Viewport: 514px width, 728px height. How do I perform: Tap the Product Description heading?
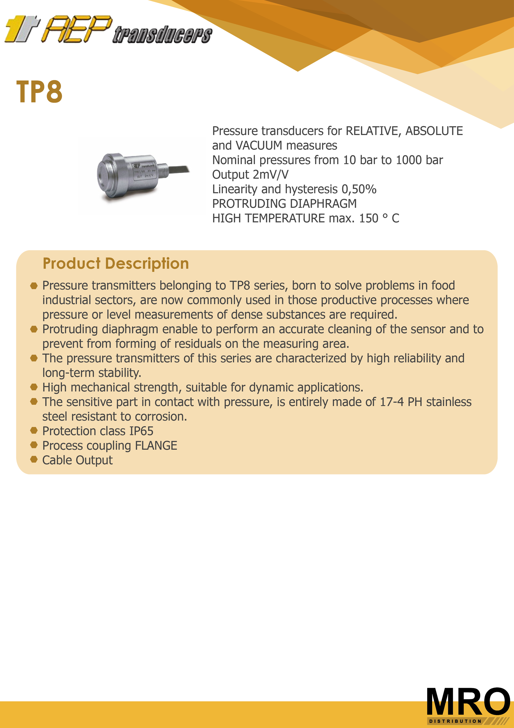point(116,264)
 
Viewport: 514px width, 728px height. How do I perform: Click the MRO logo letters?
point(468,701)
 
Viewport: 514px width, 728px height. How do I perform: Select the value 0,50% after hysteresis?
point(359,189)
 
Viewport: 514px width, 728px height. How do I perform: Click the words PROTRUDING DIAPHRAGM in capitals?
point(284,204)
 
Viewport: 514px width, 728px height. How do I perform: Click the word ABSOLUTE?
point(434,131)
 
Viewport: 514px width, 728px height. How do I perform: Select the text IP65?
point(141,431)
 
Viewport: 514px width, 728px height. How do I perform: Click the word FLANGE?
point(156,446)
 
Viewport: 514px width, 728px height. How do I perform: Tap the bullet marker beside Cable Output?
point(34,459)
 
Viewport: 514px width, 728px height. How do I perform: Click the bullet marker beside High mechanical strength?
point(34,387)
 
